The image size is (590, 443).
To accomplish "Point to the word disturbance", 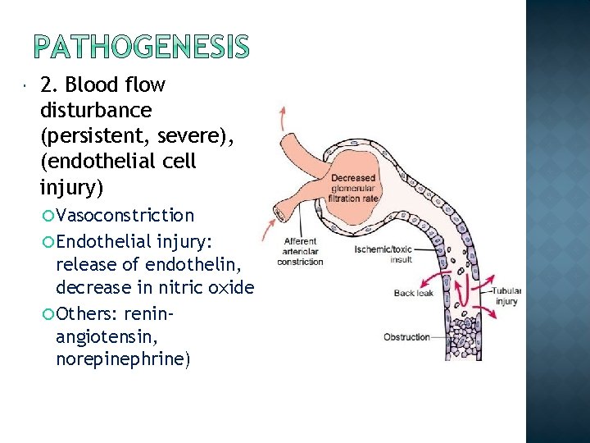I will point(95,109).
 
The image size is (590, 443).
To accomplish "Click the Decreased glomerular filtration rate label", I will point(354,188).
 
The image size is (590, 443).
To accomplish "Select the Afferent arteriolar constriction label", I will point(300,252).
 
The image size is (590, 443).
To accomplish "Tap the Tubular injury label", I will point(506,296).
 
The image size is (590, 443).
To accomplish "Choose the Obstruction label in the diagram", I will point(406,337).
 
